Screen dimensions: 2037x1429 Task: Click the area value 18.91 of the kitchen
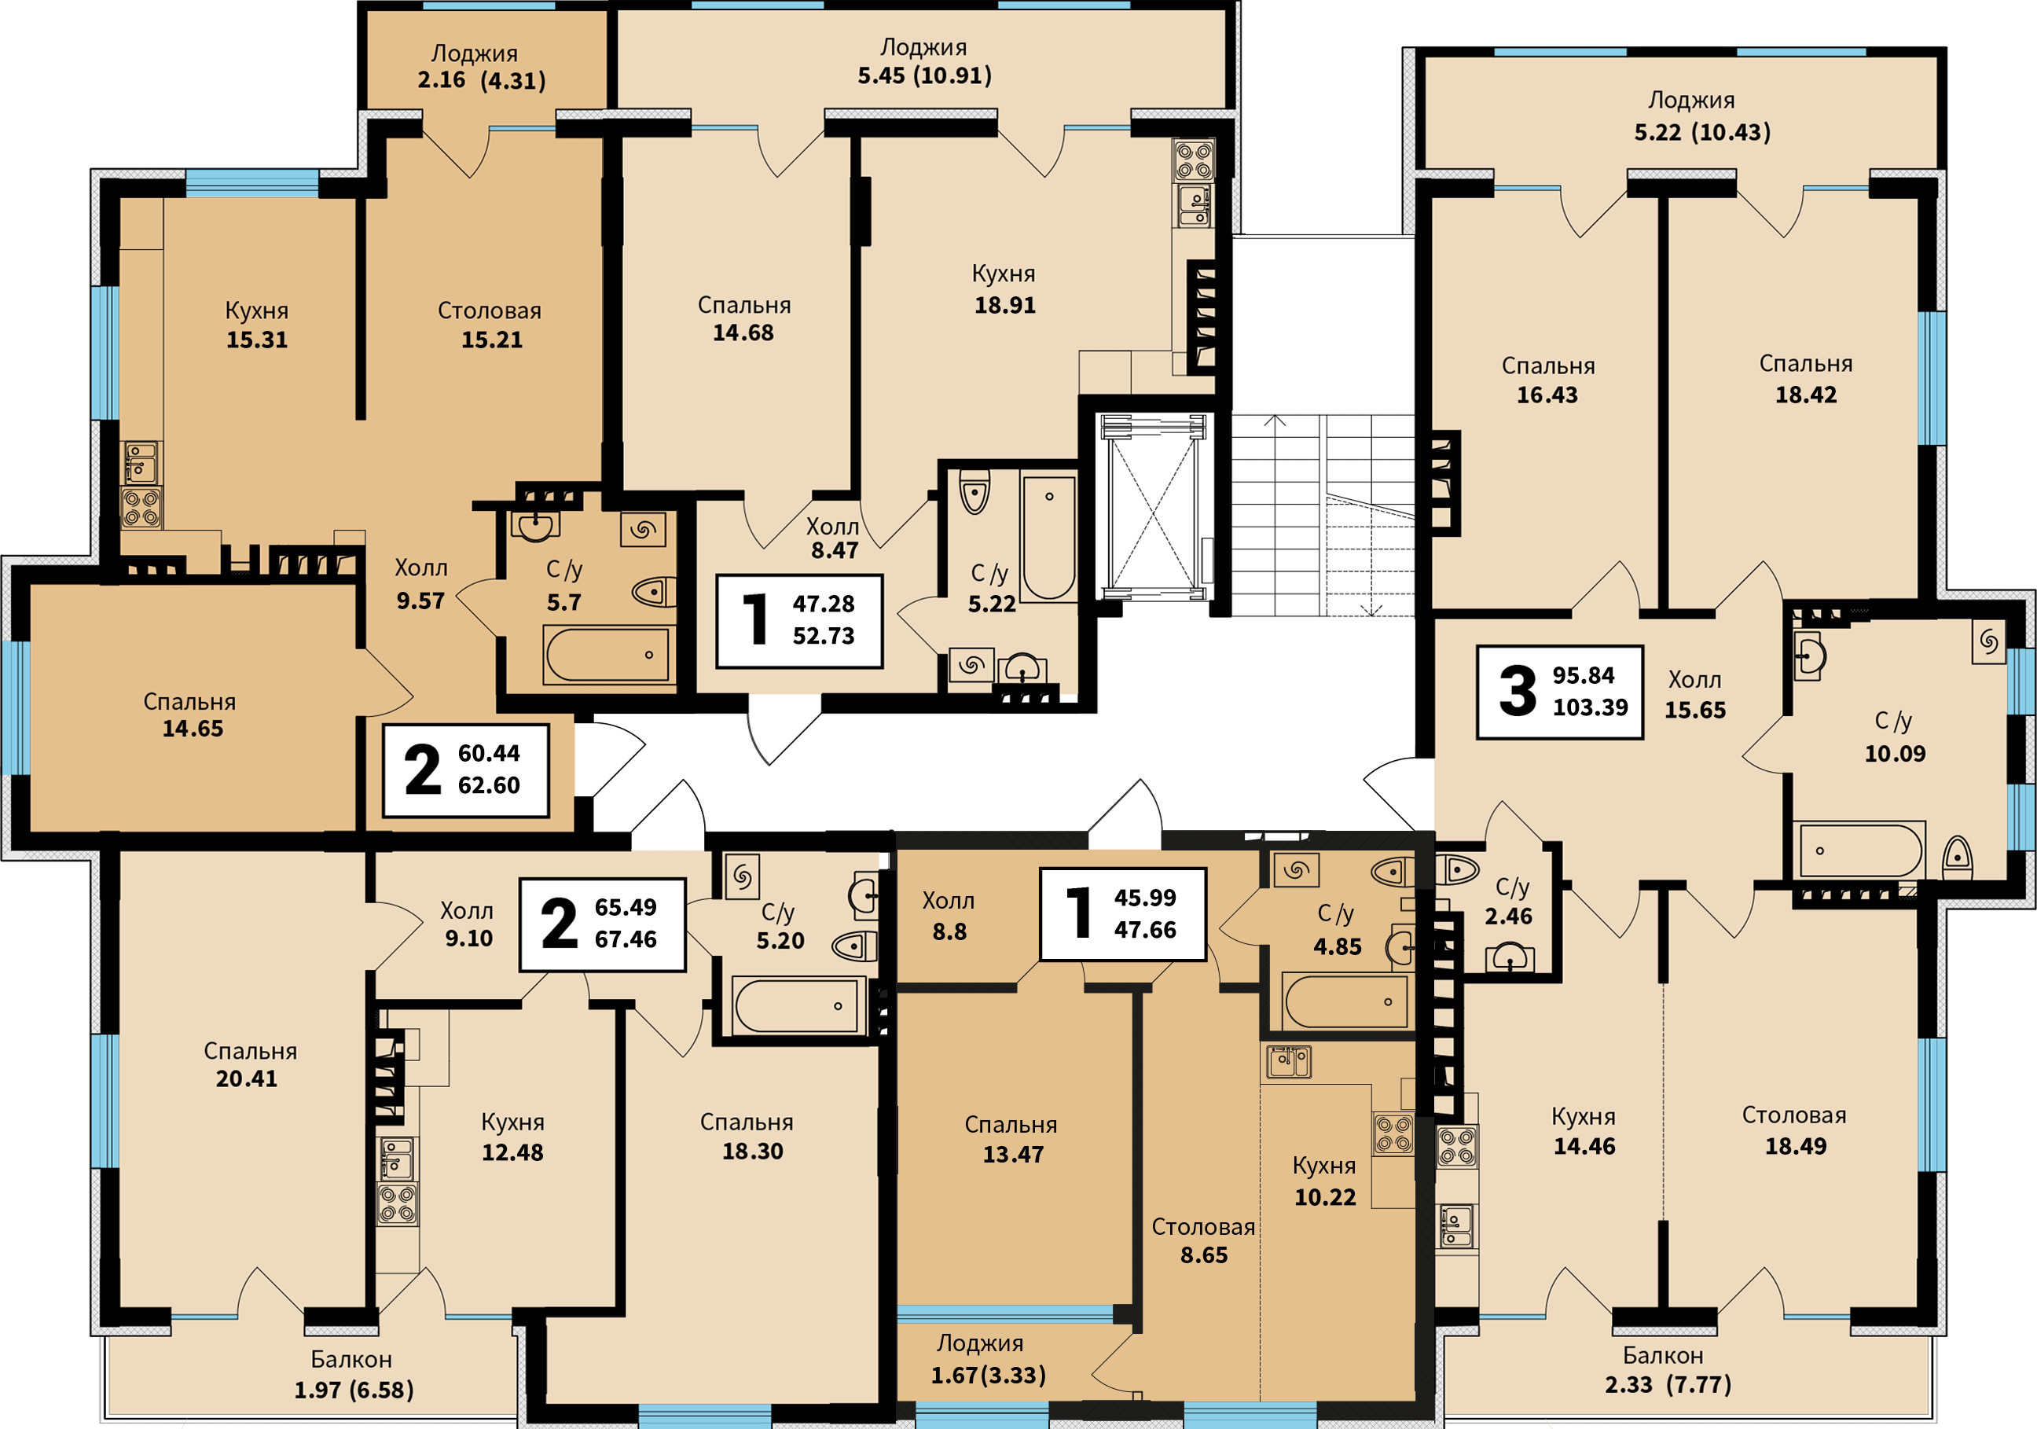[1004, 305]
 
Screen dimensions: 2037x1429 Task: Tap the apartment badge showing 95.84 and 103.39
[1560, 692]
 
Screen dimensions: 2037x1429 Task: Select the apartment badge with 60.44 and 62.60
[466, 770]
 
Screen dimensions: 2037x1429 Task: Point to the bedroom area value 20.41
[247, 1078]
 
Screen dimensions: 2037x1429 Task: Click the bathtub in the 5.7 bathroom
[607, 655]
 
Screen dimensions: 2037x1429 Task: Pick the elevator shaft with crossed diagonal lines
[1154, 506]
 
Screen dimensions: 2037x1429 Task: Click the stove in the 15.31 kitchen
[141, 508]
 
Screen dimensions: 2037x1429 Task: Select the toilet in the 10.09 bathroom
[1956, 857]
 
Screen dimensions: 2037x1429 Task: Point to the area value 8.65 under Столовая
[1204, 1255]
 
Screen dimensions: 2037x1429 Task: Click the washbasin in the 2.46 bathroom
[1509, 957]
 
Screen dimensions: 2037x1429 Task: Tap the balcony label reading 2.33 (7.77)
[1668, 1385]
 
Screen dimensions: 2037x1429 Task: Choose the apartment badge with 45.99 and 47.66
[1123, 914]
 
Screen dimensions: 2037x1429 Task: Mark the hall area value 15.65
[1694, 710]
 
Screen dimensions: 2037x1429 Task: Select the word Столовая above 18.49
[1794, 1115]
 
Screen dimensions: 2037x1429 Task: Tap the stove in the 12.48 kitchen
[397, 1203]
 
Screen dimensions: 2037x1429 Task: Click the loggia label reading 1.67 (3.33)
[989, 1376]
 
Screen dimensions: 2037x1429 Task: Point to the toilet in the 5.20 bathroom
[855, 946]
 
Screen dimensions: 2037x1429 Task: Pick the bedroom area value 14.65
[193, 729]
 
